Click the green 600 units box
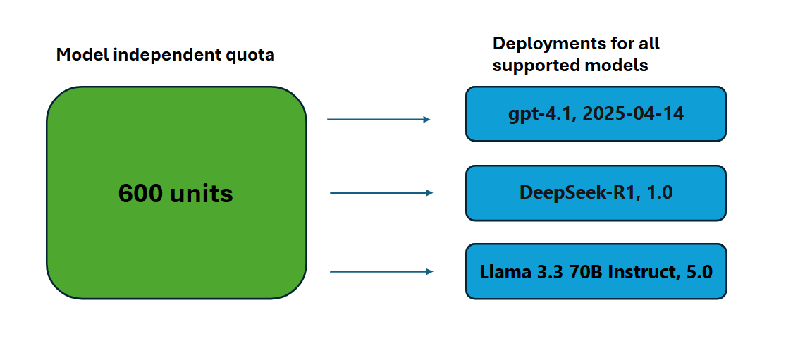coord(176,232)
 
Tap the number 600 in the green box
coord(141,194)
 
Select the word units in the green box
coord(202,194)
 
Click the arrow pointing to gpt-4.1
coord(379,120)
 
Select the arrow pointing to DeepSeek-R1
coord(381,192)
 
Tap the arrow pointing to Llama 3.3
coord(381,271)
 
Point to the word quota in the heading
coord(252,55)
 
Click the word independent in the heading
coord(164,55)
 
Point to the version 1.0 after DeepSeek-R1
coord(659,192)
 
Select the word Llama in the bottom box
coord(501,271)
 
